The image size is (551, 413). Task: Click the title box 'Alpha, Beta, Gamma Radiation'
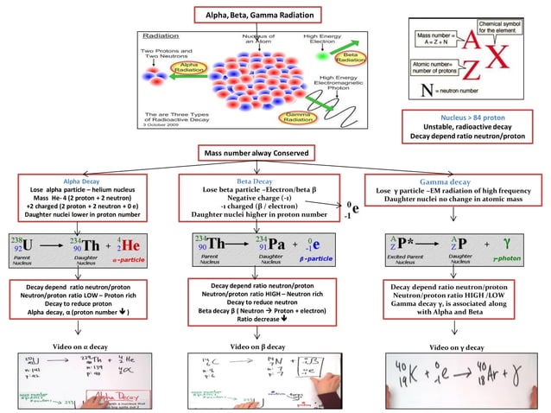pos(258,15)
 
